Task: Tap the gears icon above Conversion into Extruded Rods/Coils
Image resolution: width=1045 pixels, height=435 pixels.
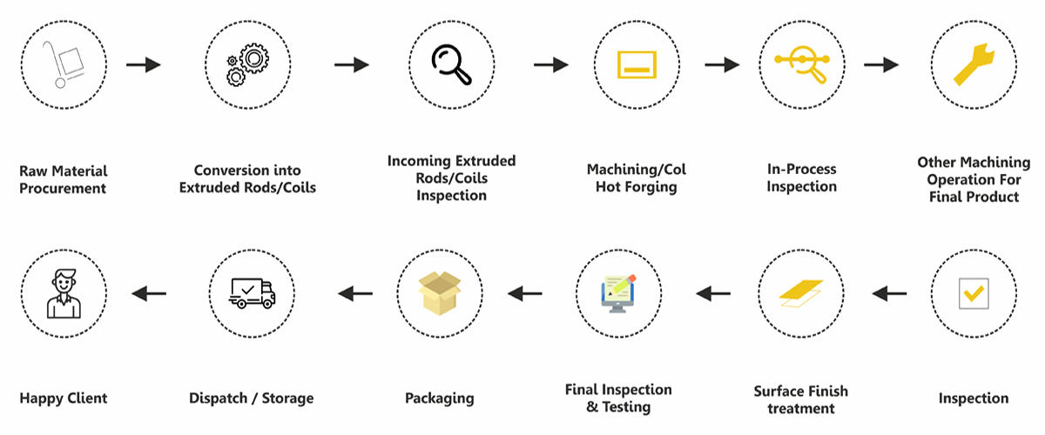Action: point(247,65)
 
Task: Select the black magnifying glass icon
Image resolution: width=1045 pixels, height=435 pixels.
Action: point(452,65)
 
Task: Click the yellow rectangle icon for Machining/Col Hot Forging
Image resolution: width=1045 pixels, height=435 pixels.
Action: point(635,65)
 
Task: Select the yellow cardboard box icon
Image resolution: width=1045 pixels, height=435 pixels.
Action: point(439,291)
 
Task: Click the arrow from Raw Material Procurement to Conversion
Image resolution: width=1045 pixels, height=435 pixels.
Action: point(144,65)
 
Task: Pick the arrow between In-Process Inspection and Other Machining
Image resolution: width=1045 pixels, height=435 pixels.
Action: point(881,65)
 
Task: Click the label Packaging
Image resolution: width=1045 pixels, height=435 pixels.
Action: point(439,398)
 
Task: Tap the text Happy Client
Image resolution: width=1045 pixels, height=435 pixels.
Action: point(64,398)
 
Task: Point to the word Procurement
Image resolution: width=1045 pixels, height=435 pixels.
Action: point(64,188)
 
